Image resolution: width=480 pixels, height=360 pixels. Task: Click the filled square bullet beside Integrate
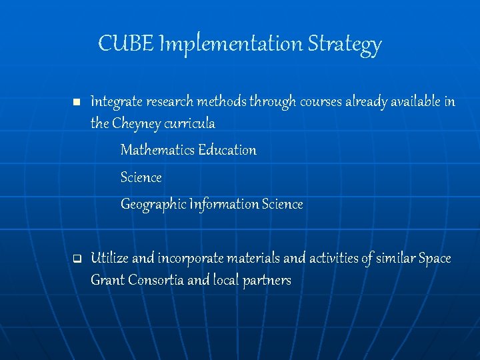[x=77, y=103]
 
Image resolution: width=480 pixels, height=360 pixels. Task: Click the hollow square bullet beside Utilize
[x=77, y=258]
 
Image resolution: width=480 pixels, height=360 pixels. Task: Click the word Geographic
[x=153, y=205]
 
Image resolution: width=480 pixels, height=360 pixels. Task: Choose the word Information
[x=224, y=204]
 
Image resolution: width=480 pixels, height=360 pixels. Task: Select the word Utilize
[x=109, y=258]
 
